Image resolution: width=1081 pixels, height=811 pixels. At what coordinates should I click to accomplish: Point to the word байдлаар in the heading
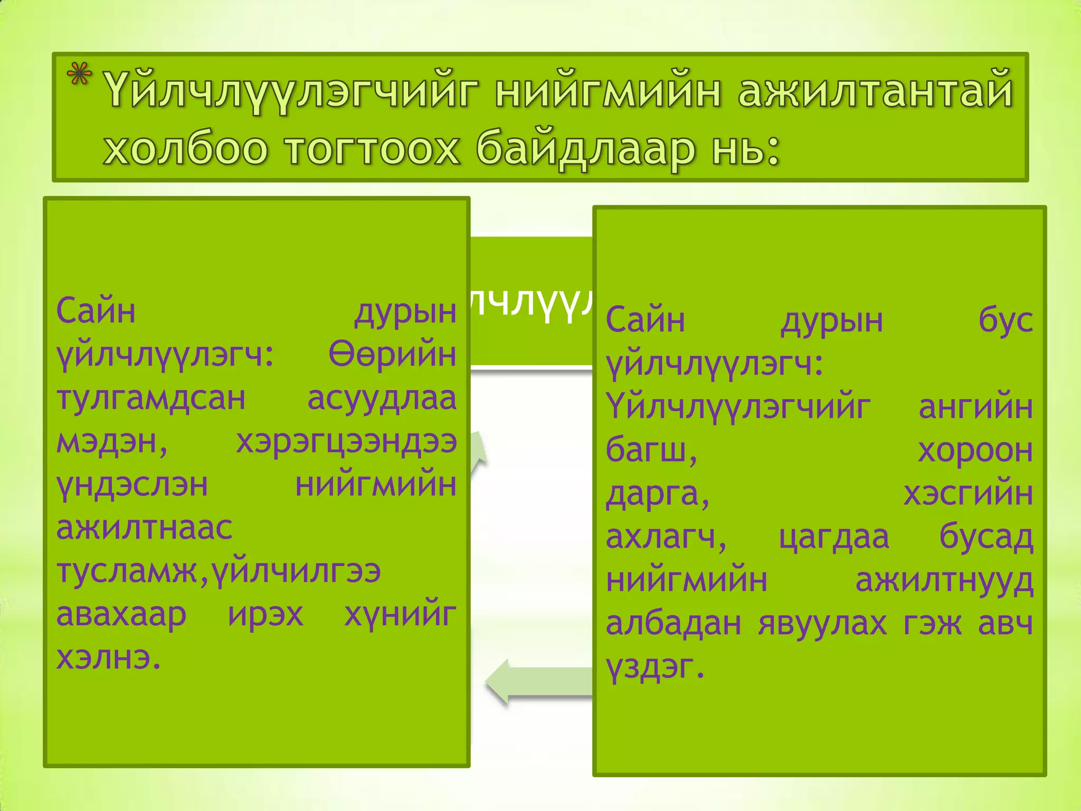point(585,149)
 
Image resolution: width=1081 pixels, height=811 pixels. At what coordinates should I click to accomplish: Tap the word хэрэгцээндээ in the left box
point(346,442)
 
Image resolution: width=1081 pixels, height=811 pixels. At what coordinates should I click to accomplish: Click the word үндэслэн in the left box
point(132,486)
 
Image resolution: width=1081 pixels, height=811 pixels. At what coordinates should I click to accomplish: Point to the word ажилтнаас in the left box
point(144,528)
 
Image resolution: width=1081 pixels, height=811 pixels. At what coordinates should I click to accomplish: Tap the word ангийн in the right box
point(975,407)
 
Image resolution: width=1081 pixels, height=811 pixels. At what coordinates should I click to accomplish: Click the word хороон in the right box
point(975,450)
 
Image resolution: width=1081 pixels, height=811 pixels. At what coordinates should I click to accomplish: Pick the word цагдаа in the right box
point(834,537)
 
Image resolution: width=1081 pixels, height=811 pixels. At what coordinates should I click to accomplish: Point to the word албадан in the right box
point(674,624)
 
